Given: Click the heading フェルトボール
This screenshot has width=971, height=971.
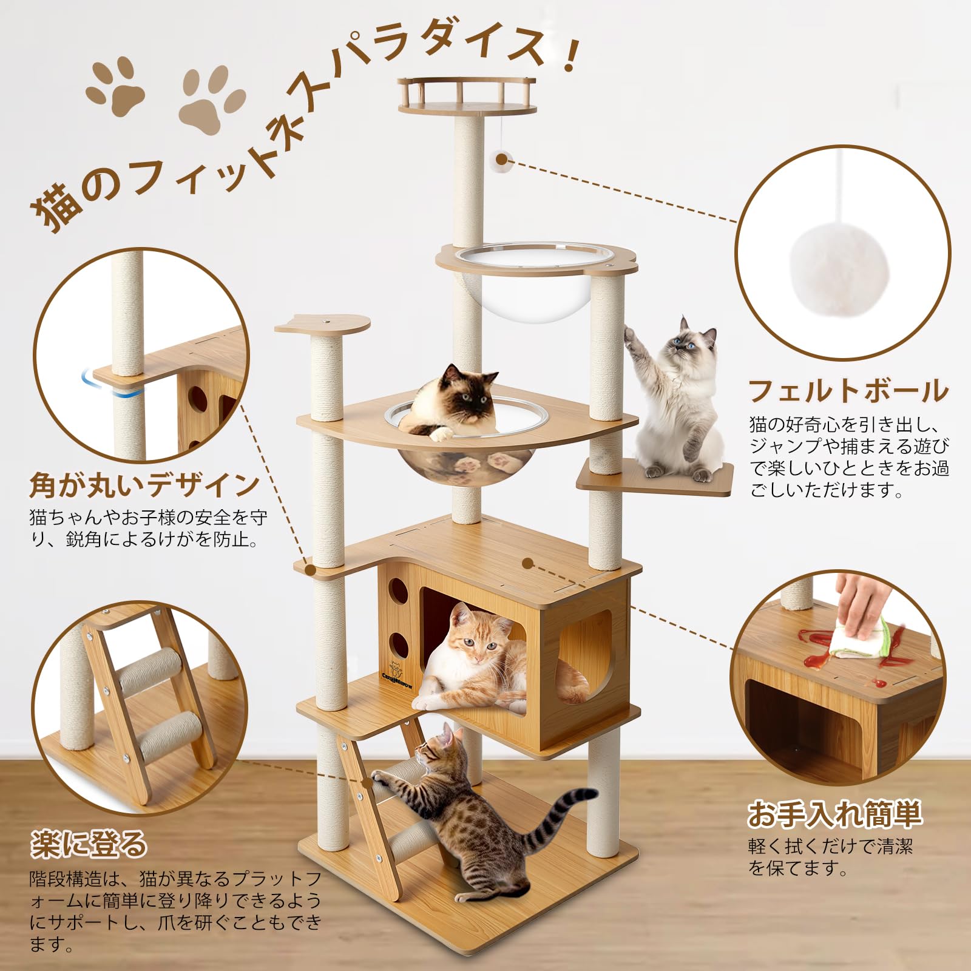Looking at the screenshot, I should pos(848,391).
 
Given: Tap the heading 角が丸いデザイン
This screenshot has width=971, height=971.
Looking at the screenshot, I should pos(144,485).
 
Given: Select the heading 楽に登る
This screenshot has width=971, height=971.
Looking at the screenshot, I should pos(89,844).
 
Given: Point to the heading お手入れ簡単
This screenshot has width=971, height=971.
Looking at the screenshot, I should pos(834,814).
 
